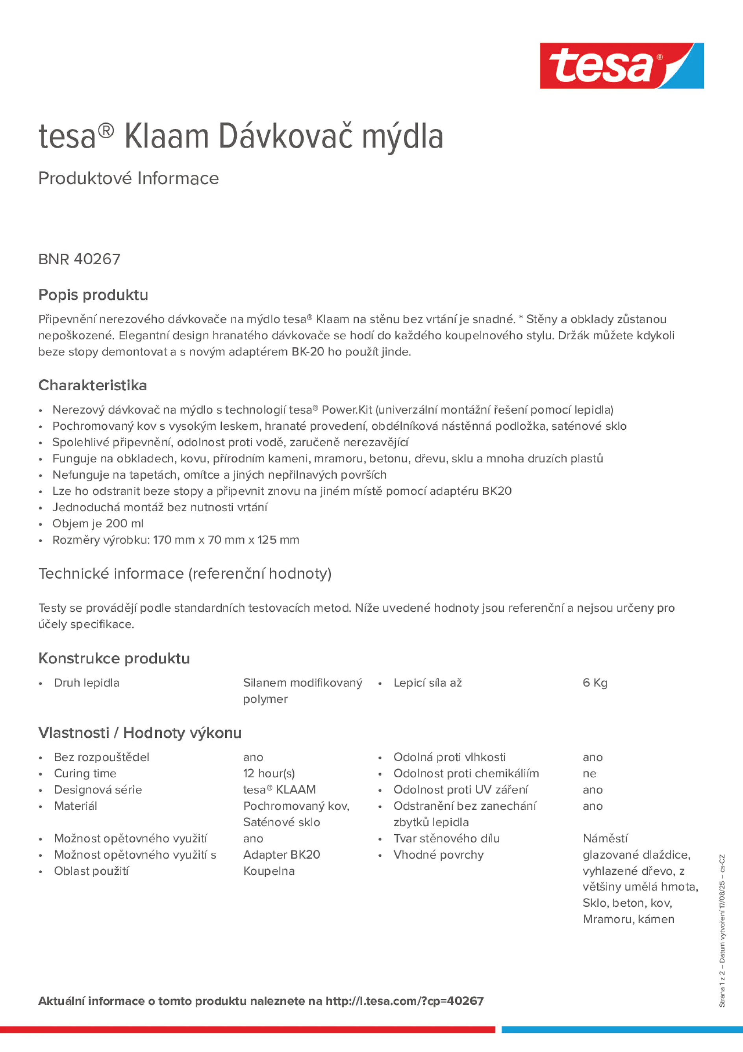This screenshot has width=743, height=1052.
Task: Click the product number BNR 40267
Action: click(x=79, y=259)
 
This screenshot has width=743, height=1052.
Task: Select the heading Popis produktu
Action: click(x=93, y=295)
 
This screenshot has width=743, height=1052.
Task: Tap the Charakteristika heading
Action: click(x=93, y=385)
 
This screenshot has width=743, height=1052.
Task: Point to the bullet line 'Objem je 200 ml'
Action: click(x=98, y=523)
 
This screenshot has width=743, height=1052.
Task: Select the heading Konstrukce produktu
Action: click(x=114, y=659)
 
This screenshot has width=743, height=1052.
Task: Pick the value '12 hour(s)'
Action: click(x=269, y=774)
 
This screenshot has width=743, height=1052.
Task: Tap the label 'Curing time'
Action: click(x=85, y=774)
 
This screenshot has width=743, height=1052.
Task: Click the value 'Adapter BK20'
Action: click(x=281, y=855)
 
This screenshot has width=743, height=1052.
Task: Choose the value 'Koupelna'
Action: click(x=269, y=870)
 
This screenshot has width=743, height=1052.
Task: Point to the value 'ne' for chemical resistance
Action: click(x=589, y=774)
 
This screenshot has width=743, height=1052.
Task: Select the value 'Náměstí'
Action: click(x=605, y=839)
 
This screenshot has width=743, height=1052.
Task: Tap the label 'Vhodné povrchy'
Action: click(x=438, y=855)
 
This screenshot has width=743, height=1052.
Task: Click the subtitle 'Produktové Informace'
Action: click(x=128, y=178)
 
